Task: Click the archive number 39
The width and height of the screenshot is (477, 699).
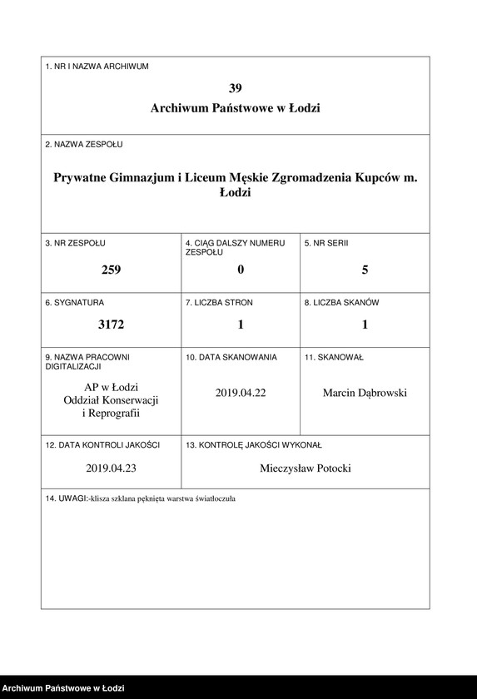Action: [x=236, y=87]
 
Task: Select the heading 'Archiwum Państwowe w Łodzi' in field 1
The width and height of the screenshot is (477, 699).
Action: [x=236, y=108]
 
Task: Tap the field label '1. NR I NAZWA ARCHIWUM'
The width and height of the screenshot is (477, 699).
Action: [x=97, y=67]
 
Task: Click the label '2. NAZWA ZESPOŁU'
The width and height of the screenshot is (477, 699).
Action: [x=84, y=145]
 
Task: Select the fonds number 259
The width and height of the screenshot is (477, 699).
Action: [x=111, y=270]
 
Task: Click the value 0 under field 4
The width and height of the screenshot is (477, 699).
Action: [x=241, y=270]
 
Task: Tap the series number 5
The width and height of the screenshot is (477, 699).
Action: [x=365, y=270]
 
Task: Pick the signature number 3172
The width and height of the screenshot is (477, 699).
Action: [x=111, y=325]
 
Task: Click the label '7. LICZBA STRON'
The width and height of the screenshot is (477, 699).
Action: [x=220, y=303]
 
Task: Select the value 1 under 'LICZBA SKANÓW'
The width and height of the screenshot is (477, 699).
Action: [x=365, y=325]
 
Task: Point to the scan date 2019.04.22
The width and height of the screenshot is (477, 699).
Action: [x=241, y=393]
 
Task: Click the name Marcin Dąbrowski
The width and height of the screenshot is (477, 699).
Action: [x=365, y=393]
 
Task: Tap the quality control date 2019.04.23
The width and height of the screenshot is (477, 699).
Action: [x=111, y=468]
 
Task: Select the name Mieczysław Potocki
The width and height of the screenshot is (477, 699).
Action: [x=306, y=468]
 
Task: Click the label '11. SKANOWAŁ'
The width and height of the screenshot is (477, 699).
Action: [x=334, y=357]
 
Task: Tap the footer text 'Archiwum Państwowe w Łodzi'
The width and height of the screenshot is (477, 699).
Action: [x=64, y=688]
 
